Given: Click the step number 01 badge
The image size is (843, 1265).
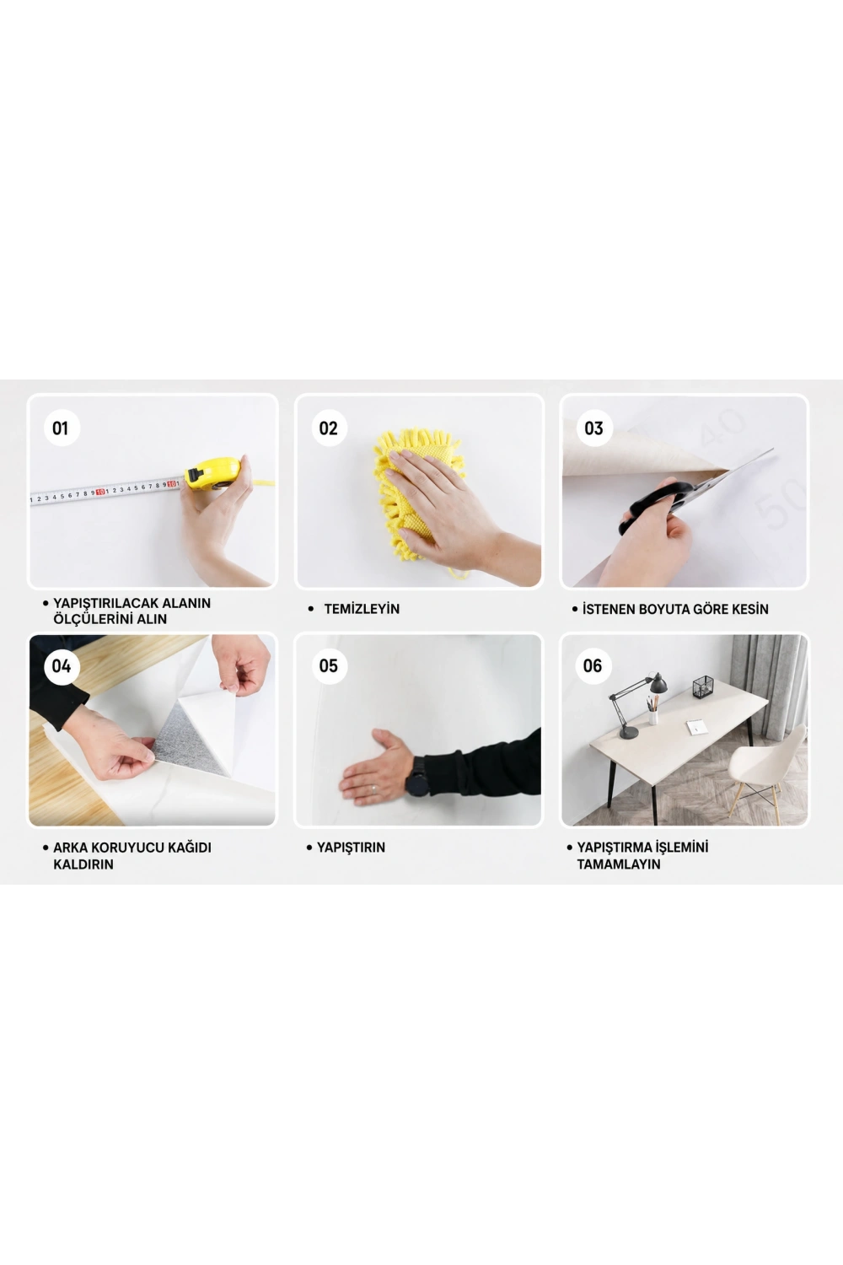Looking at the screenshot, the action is pyautogui.click(x=61, y=428).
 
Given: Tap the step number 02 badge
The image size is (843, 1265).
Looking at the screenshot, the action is pyautogui.click(x=329, y=428).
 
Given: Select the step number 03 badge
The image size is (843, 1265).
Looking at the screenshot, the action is pyautogui.click(x=593, y=428).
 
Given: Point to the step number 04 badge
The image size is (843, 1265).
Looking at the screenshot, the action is pyautogui.click(x=61, y=666).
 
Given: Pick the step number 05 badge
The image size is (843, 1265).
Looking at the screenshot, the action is pyautogui.click(x=329, y=666).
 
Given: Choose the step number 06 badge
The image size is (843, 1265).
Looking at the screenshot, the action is pyautogui.click(x=593, y=666).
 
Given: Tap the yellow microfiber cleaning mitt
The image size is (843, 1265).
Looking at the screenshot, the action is pyautogui.click(x=418, y=494).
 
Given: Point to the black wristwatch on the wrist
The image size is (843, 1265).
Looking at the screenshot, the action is pyautogui.click(x=418, y=777).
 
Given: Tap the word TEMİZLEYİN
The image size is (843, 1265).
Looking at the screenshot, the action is pyautogui.click(x=362, y=609).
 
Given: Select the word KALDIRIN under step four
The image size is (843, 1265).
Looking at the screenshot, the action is pyautogui.click(x=83, y=864).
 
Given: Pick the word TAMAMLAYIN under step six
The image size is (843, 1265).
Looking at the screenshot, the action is pyautogui.click(x=618, y=864).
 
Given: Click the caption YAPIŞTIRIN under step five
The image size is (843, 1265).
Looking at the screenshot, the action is pyautogui.click(x=351, y=848).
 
